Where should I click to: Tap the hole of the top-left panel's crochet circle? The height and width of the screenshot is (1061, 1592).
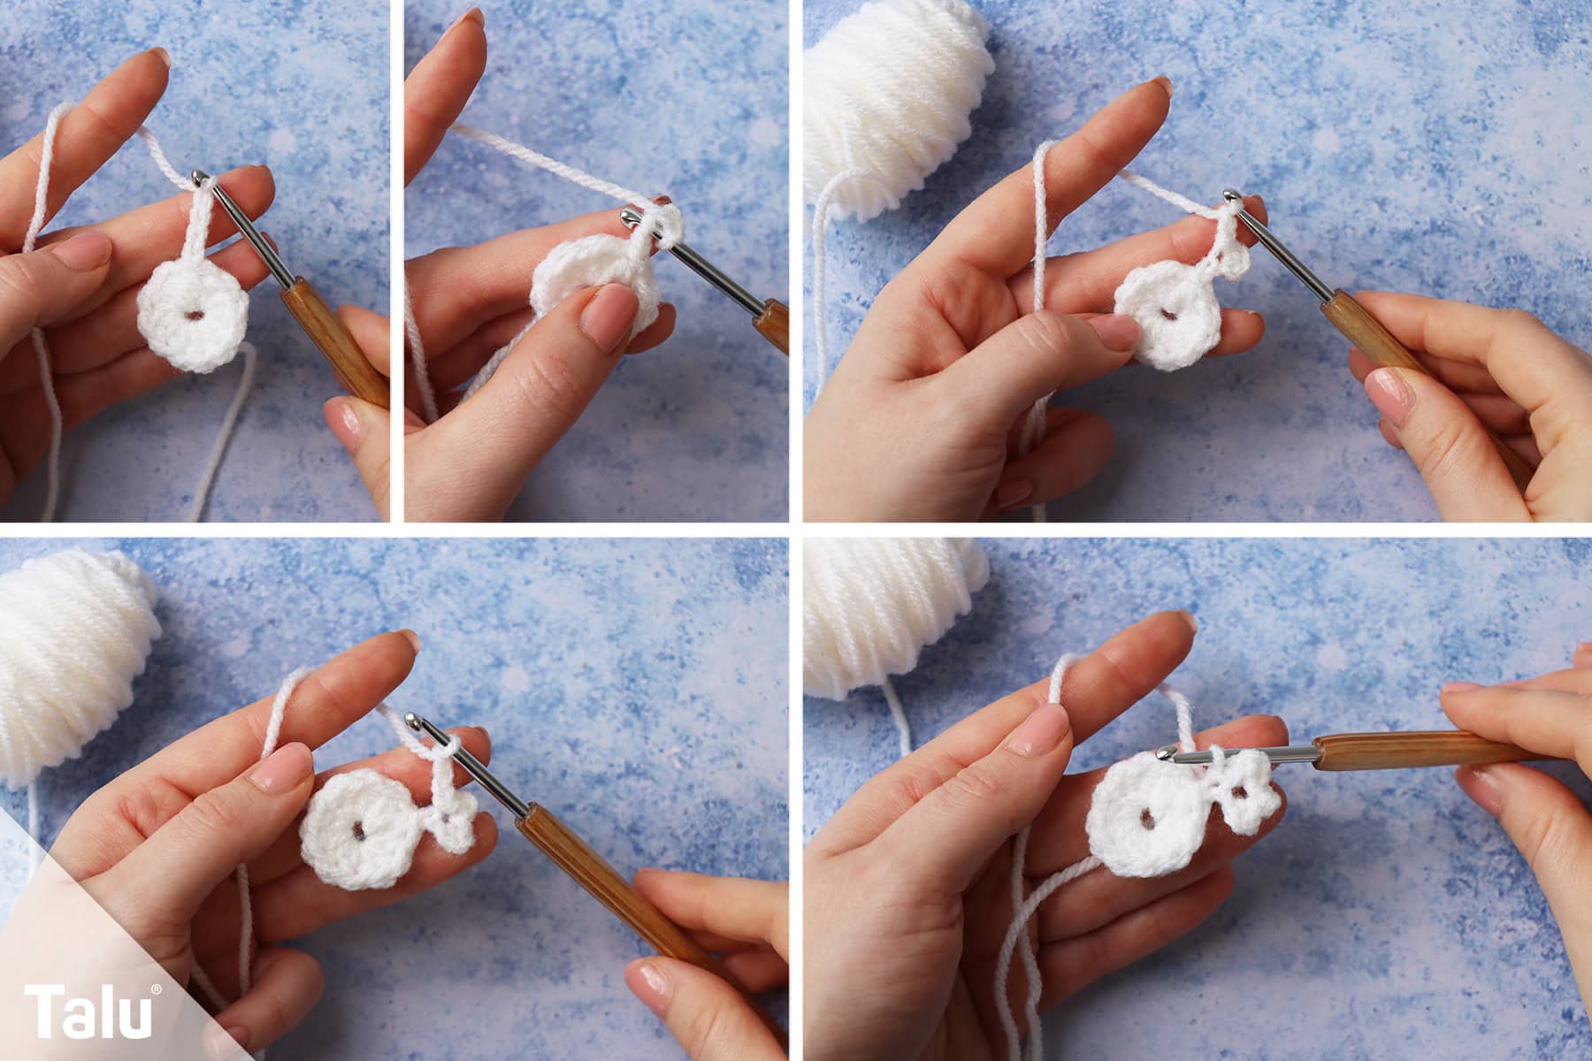point(188,313)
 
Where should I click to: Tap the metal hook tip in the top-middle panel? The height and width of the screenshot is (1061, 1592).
point(627,216)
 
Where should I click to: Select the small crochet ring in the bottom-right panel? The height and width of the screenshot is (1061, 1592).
point(1246,798)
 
